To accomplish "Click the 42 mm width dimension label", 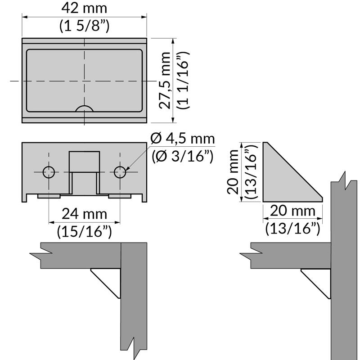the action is (x=84, y=8).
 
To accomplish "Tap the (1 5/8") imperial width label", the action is (x=84, y=26).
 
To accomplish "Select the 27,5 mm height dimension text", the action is (x=165, y=81).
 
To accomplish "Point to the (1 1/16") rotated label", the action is (x=183, y=81).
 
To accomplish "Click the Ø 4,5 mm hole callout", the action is (x=183, y=139).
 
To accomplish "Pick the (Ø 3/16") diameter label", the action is (x=183, y=157).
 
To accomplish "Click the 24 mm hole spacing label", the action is (x=84, y=214).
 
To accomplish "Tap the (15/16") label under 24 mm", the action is (x=84, y=231).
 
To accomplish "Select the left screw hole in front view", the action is (x=49, y=172).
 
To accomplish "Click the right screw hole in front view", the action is (x=120, y=172).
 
